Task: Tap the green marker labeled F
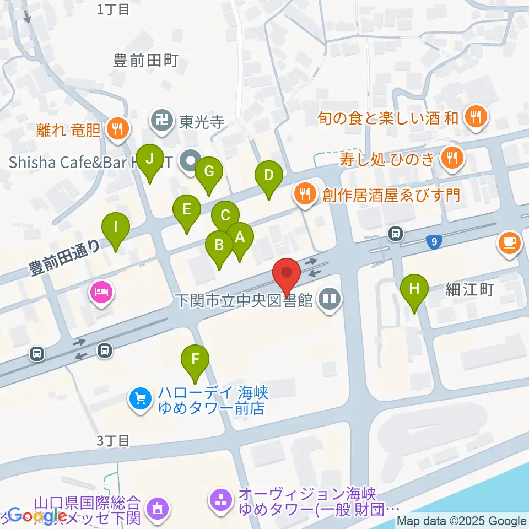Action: click(x=195, y=359)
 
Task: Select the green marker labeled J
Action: click(x=150, y=159)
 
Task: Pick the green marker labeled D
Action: click(x=269, y=176)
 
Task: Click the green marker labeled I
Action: click(x=116, y=228)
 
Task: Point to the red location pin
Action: click(x=287, y=273)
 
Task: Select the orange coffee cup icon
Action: click(x=510, y=242)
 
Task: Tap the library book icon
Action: click(x=330, y=300)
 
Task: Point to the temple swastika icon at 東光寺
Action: click(x=161, y=121)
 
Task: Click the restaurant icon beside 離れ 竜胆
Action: click(x=117, y=129)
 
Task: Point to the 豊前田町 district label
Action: click(x=145, y=61)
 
